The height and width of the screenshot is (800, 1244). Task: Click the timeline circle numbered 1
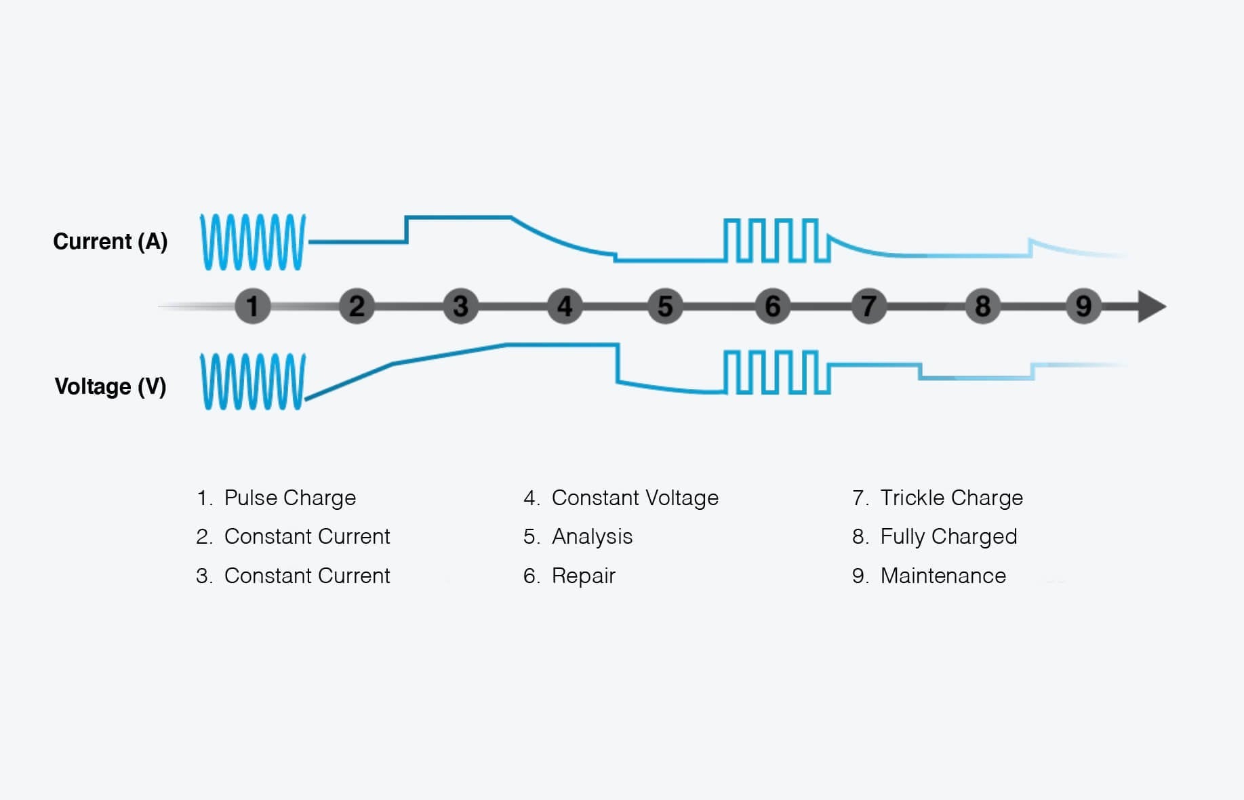click(253, 306)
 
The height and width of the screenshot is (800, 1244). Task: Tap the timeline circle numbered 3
click(461, 306)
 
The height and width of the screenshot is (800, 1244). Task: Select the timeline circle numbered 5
click(665, 306)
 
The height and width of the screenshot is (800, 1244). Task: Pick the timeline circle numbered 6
click(772, 306)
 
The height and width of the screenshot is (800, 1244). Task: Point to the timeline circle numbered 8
click(982, 306)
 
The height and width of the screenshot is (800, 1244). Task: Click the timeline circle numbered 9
click(1083, 306)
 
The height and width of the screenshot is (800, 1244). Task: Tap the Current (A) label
click(110, 241)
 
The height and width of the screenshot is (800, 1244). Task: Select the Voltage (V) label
click(110, 386)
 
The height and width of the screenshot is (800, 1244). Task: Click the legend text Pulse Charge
click(289, 498)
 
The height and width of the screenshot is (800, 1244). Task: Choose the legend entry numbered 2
click(293, 536)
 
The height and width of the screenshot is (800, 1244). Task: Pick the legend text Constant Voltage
click(635, 498)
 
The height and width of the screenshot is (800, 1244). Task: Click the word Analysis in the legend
click(592, 536)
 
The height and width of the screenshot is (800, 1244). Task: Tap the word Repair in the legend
click(583, 576)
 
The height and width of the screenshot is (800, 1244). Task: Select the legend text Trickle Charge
click(951, 498)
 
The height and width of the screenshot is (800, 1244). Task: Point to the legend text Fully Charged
click(948, 536)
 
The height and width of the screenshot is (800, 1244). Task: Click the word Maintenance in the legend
click(943, 576)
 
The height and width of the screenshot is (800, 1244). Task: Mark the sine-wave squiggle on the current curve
click(253, 242)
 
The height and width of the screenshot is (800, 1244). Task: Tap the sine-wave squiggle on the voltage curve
click(253, 381)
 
